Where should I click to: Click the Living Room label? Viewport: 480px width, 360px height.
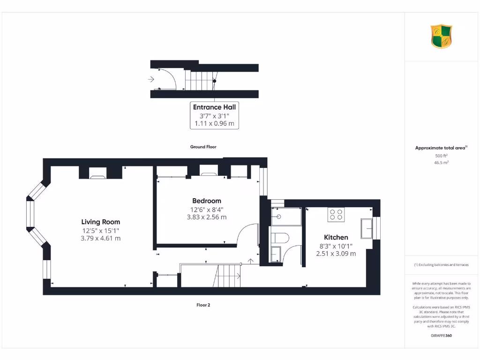[x=100, y=222]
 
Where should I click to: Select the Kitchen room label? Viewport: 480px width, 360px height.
[x=336, y=237]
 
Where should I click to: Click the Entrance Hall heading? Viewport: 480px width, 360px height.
[x=214, y=107]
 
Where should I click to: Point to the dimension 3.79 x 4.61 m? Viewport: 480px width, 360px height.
[x=100, y=238]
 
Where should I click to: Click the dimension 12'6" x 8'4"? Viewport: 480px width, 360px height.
[x=206, y=209]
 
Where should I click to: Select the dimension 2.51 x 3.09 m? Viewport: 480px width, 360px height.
[x=336, y=254]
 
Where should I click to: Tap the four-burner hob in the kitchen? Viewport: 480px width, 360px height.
[x=336, y=214]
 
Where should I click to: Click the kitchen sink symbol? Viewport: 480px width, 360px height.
[x=366, y=228]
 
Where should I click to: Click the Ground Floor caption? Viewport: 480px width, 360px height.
[x=203, y=147]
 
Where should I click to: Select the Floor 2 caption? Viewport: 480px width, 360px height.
[x=203, y=305]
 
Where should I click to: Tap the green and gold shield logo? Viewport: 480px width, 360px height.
[x=442, y=37]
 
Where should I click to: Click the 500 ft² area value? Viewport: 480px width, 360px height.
[x=442, y=156]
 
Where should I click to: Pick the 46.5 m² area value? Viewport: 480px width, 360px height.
[x=442, y=163]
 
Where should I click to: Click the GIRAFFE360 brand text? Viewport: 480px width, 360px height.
[x=442, y=336]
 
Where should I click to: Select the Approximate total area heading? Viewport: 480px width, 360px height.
[x=441, y=148]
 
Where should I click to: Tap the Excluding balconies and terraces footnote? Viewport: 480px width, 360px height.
[x=442, y=265]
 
